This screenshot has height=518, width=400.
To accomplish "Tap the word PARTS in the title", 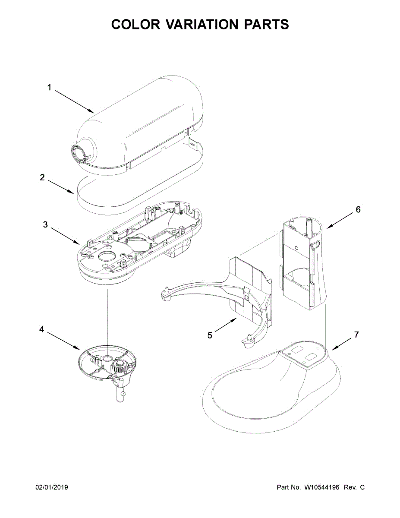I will [267, 25].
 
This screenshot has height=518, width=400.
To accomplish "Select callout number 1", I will [49, 87].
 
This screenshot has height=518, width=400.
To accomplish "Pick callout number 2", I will [42, 177].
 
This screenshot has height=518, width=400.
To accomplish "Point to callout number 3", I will [45, 224].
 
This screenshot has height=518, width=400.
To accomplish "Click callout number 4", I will [41, 329].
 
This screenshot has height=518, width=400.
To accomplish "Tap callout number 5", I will [210, 335].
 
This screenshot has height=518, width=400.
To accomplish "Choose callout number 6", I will [358, 210].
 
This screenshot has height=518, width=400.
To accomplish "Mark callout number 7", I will [356, 335].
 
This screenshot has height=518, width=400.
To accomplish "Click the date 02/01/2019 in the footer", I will [51, 488].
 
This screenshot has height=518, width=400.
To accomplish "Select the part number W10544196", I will [322, 488].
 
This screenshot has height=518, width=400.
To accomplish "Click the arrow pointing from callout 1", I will [74, 101].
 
